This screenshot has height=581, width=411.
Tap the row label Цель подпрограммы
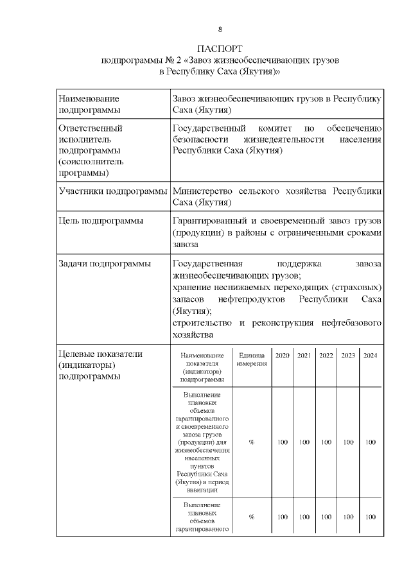coord(101,221)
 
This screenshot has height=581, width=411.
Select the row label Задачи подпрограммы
coord(105,263)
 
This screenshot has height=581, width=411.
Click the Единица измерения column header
coord(252,360)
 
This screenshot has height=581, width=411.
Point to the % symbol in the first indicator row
coord(252,442)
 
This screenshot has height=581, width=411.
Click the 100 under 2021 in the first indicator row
coord(304,442)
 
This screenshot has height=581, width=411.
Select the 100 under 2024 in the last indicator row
coord(370,517)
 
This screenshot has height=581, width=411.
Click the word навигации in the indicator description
coord(202,489)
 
